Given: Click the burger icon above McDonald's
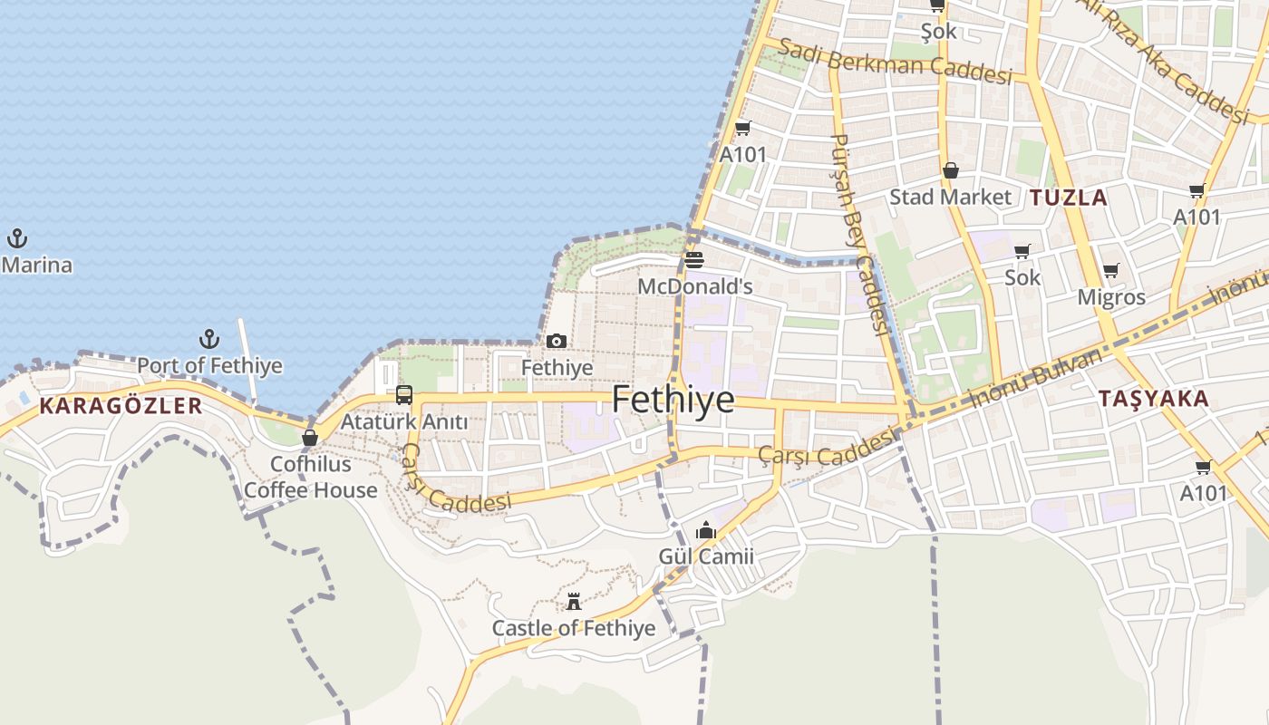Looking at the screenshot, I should tap(694, 261).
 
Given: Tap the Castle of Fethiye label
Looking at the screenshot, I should tap(573, 628).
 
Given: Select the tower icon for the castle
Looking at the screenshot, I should tap(574, 601).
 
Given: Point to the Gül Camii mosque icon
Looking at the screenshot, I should tap(706, 530).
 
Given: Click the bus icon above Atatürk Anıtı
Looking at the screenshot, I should tap(404, 395).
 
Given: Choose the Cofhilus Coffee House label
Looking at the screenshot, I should tap(311, 477).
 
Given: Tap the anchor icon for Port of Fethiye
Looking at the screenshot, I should tap(209, 340).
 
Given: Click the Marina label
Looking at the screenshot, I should tap(37, 266).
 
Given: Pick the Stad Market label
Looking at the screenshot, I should tap(950, 197).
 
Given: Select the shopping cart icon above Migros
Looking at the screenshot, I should tap(1111, 270).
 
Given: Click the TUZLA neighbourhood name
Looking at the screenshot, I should tap(1069, 198).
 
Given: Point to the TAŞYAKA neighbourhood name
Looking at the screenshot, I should tap(1153, 399).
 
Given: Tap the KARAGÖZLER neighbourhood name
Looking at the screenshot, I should tap(121, 406).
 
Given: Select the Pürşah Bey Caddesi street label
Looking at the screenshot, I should tap(859, 234).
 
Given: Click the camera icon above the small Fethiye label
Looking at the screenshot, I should tap(557, 342).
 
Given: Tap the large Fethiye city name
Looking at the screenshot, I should tap(673, 400).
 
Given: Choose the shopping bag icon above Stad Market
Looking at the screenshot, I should tap(951, 170).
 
